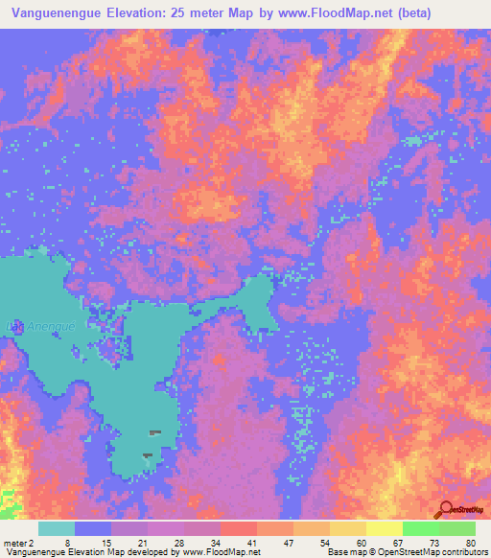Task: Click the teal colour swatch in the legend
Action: [x=57, y=528]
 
